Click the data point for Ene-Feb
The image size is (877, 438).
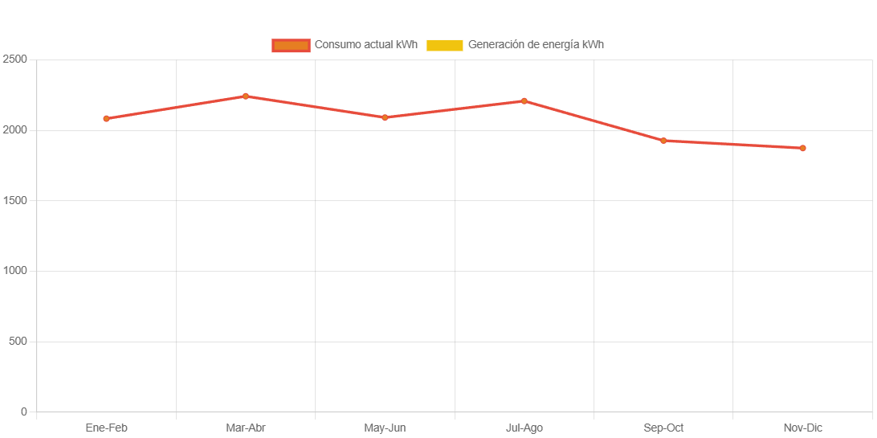pyautogui.click(x=106, y=119)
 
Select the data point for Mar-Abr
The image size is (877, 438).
pyautogui.click(x=246, y=96)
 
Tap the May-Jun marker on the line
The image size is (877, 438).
pyautogui.click(x=385, y=117)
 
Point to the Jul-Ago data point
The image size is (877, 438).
pyautogui.click(x=524, y=101)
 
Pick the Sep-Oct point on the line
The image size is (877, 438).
pyautogui.click(x=663, y=141)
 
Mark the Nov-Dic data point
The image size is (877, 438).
pyautogui.click(x=802, y=148)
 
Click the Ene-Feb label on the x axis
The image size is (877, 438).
pyautogui.click(x=106, y=428)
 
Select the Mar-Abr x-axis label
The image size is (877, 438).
pyautogui.click(x=246, y=428)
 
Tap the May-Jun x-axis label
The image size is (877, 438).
pyautogui.click(x=385, y=428)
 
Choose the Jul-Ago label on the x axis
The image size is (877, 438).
pyautogui.click(x=524, y=428)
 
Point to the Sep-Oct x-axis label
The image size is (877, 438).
pyautogui.click(x=663, y=428)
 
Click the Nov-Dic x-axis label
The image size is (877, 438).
pyautogui.click(x=802, y=428)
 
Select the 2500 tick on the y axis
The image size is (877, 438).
pyautogui.click(x=14, y=59)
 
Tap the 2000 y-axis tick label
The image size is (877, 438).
pyautogui.click(x=14, y=129)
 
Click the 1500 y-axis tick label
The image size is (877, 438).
pyautogui.click(x=14, y=200)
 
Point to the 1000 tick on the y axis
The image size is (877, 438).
pyautogui.click(x=14, y=271)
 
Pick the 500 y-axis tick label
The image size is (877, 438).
pyautogui.click(x=17, y=341)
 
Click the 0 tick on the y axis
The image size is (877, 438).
pyautogui.click(x=23, y=411)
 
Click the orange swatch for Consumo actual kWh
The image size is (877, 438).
pyautogui.click(x=291, y=45)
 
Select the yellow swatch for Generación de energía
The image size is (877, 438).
pyautogui.click(x=444, y=45)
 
